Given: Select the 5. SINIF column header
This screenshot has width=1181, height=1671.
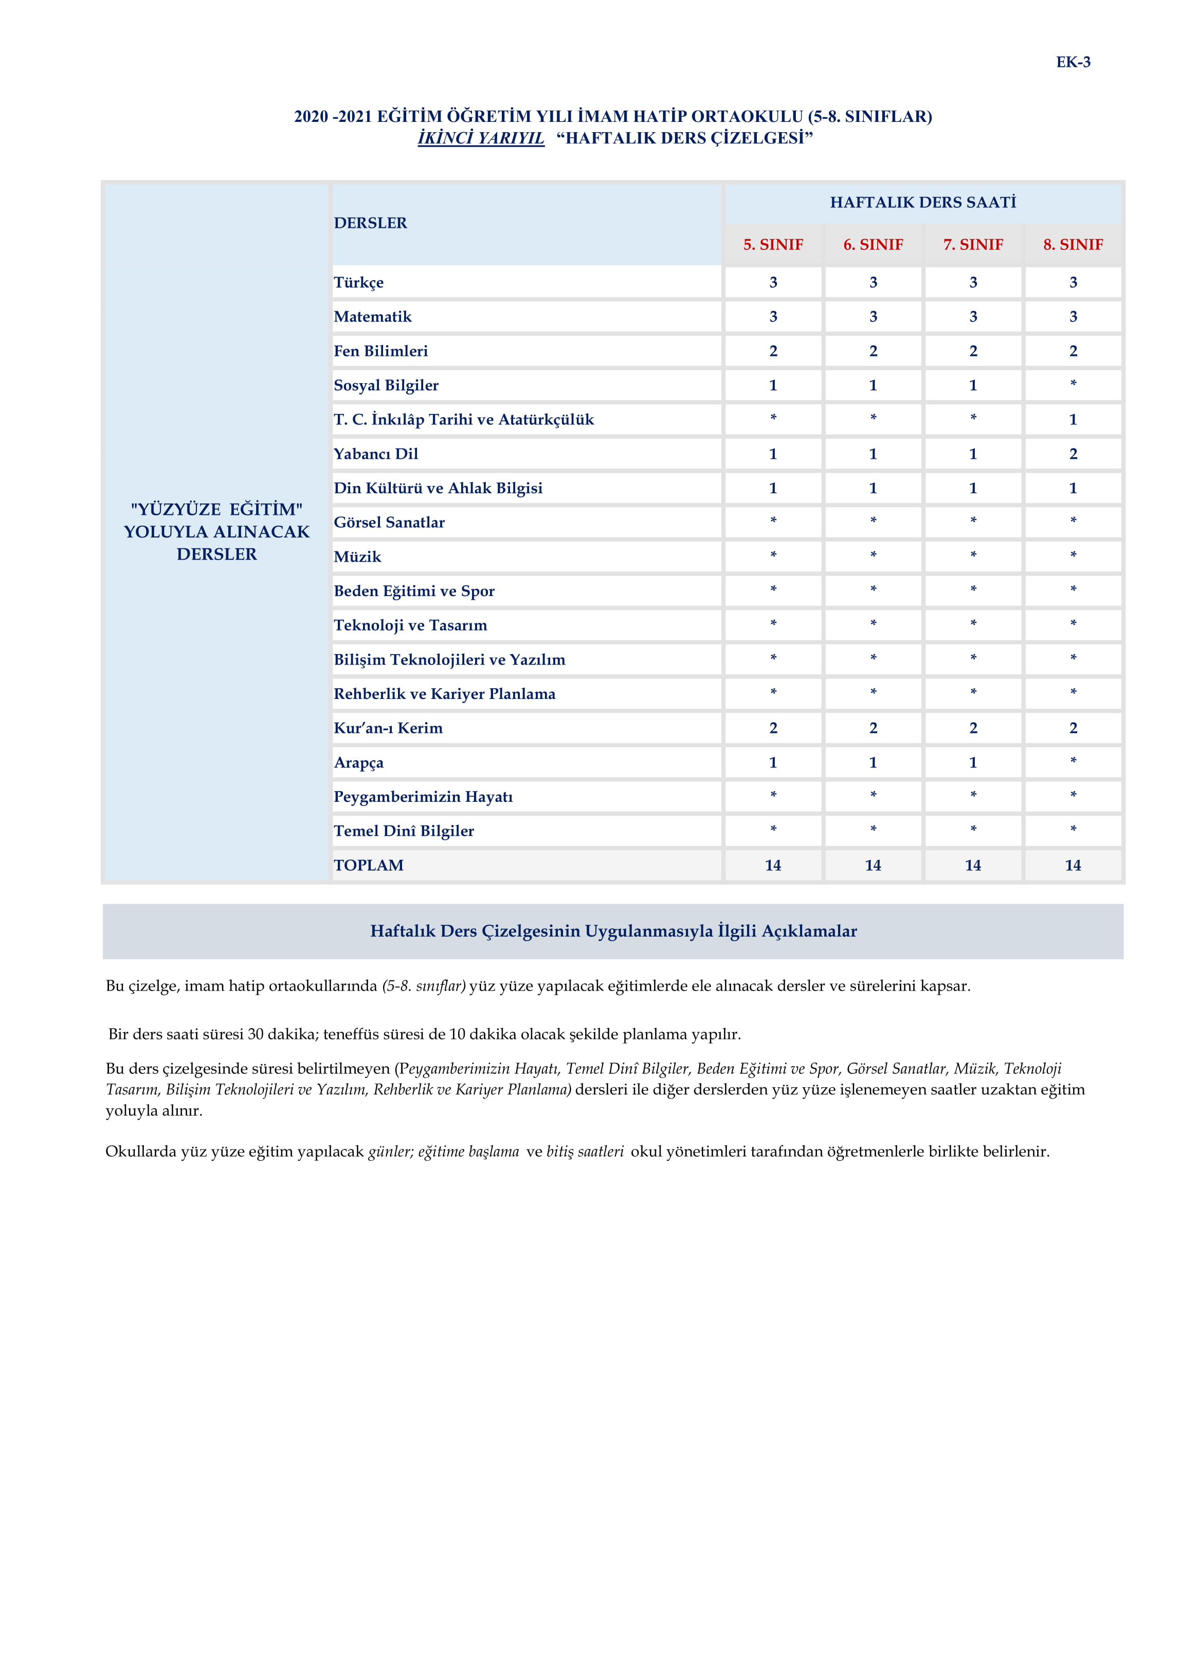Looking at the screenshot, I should [773, 244].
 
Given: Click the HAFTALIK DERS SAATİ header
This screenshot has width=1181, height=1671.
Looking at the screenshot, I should [923, 202].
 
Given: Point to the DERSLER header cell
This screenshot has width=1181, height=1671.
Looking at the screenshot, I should [370, 223].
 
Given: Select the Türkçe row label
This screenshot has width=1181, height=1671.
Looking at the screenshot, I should [359, 282].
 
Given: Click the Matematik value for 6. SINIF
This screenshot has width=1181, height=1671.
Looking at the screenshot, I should [873, 317].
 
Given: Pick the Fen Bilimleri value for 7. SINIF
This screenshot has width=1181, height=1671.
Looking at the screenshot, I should [973, 351].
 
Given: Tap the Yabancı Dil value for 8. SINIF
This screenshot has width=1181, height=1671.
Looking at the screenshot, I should [1073, 454].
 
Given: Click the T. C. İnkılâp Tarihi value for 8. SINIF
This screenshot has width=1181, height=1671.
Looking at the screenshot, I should [1073, 419].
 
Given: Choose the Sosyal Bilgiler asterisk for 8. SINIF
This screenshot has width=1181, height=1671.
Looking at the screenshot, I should [1073, 384].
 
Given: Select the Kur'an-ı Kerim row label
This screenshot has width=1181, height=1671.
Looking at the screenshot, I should [388, 728].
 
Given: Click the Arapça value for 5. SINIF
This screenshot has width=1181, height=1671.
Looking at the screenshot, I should [773, 763].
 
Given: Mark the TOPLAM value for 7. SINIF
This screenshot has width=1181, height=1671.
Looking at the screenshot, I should [973, 866].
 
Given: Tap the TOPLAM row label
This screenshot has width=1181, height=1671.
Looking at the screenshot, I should [368, 866].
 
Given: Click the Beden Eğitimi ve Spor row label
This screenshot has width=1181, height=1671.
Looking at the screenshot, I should [414, 591].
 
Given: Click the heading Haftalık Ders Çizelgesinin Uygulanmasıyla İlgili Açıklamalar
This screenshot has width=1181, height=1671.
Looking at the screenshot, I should [613, 931].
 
